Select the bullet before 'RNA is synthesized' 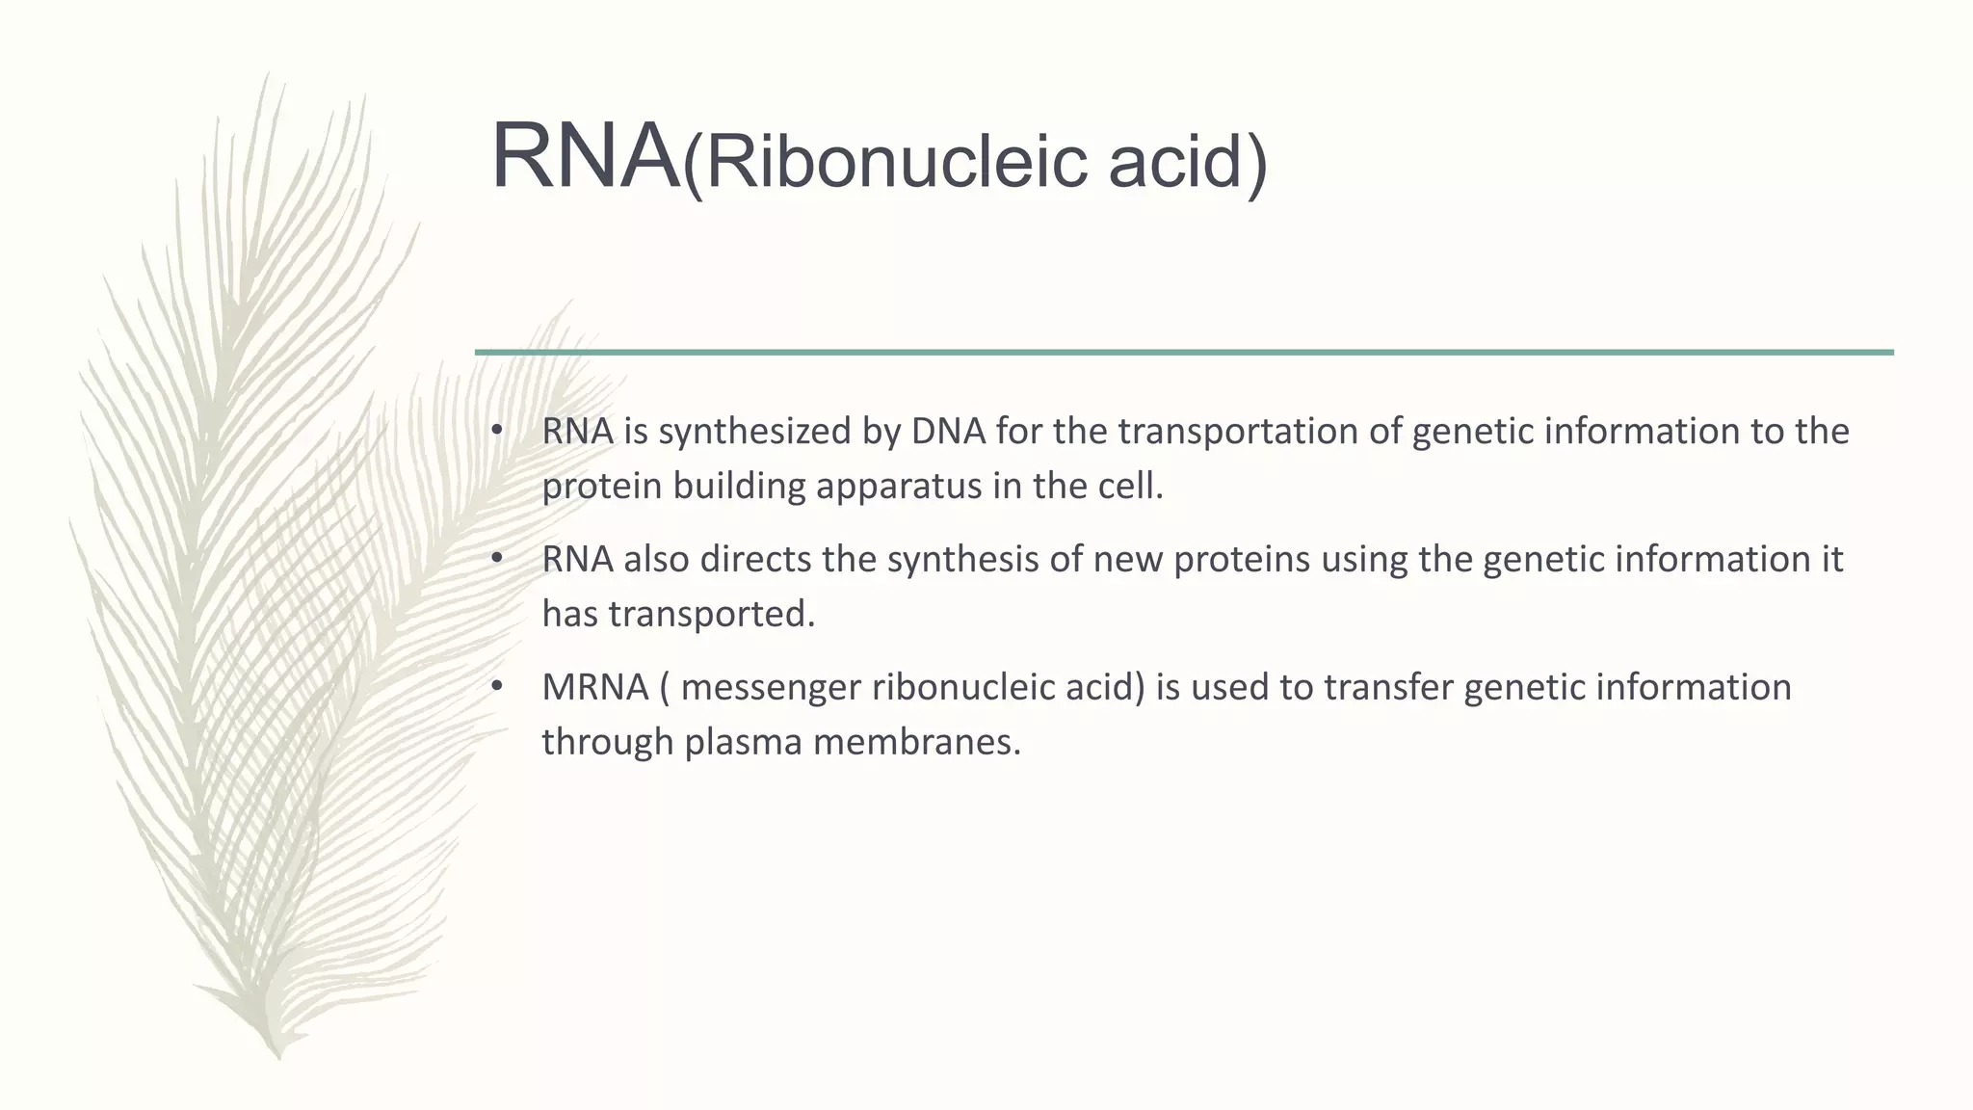[x=496, y=430]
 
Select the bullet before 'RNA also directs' [x=496, y=558]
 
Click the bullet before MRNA [x=496, y=686]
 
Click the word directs [x=755, y=559]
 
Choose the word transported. [x=711, y=614]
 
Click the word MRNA [x=594, y=687]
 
